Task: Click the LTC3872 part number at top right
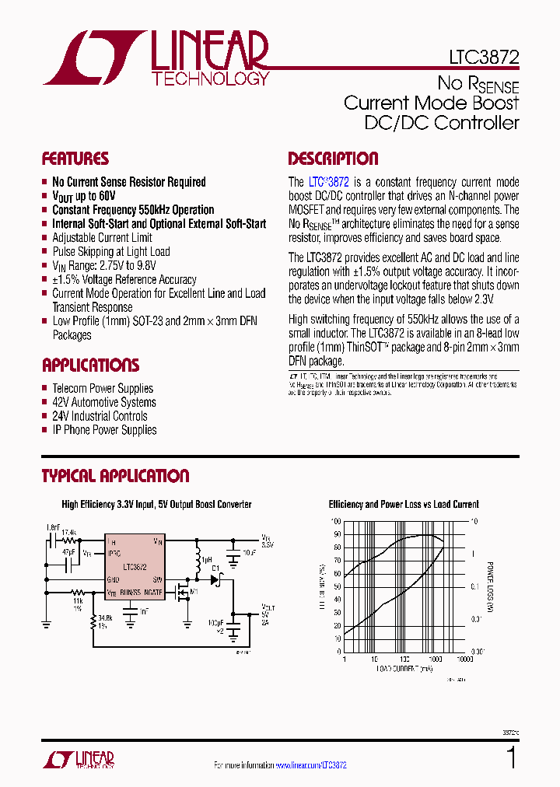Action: click(x=484, y=58)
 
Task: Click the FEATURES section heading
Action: click(x=75, y=159)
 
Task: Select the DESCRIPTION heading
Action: click(x=333, y=159)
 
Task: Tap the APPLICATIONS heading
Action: click(x=90, y=366)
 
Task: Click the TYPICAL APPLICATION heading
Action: click(x=115, y=476)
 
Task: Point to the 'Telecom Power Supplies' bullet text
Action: click(x=103, y=388)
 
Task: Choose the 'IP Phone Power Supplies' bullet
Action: click(x=104, y=430)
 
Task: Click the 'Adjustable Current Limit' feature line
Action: click(x=102, y=237)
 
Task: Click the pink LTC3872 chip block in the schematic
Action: click(x=135, y=567)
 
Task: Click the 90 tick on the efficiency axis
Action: click(x=336, y=533)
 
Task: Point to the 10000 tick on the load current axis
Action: click(x=464, y=659)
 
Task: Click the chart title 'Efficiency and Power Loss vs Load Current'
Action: click(x=404, y=505)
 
